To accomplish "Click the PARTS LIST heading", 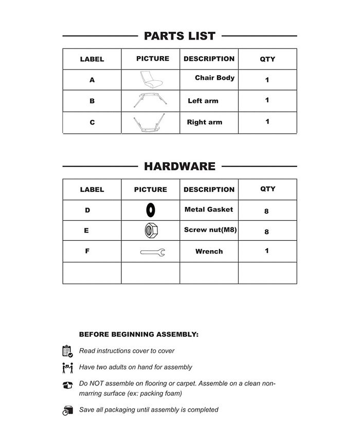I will point(179,36).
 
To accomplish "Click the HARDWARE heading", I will point(179,166).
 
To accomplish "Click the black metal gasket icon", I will point(150,210).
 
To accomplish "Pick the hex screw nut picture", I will point(151,231).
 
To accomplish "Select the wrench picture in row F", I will point(152,252).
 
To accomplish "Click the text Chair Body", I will point(214,78).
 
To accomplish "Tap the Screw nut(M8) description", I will point(210,230).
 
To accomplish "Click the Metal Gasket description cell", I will point(209,209).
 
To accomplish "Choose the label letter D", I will point(87,210).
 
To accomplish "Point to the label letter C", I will point(92,122).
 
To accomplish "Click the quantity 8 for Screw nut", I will point(266,232).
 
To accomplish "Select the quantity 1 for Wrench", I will point(267,251).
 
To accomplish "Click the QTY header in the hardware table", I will point(267,189).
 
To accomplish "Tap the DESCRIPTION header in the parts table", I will point(209,59).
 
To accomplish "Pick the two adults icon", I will point(67,368).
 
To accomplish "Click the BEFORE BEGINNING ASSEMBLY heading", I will point(138,335).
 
